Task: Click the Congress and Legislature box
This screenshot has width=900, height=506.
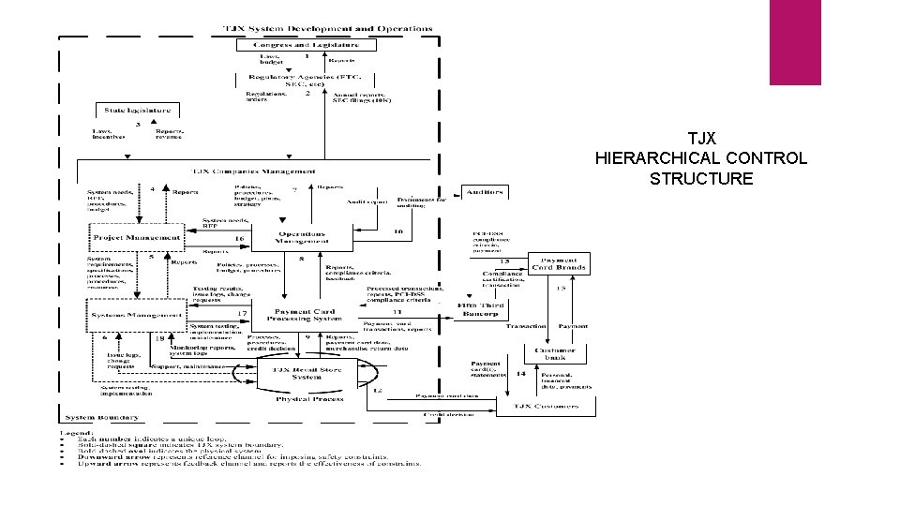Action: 305,44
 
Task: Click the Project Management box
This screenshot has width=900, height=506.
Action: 136,238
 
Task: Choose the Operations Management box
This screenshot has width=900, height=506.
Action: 300,238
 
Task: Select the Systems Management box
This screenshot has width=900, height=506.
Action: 137,314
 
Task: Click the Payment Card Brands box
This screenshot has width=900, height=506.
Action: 559,264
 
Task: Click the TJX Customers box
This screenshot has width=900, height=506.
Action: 545,406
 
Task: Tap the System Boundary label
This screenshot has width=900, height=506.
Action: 102,417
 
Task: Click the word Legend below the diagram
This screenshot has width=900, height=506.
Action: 74,432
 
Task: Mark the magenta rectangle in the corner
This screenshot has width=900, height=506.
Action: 794,42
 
